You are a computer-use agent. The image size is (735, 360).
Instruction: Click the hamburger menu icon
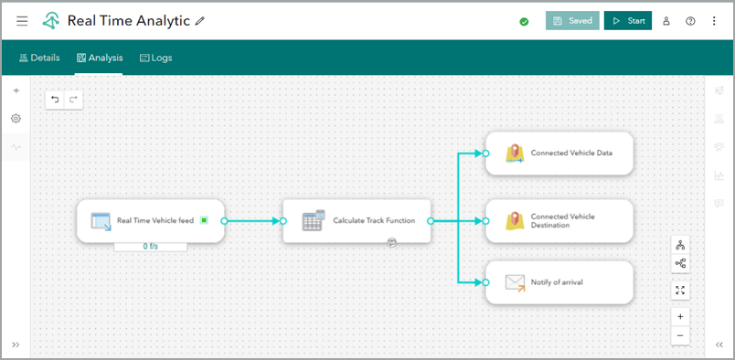tap(22, 20)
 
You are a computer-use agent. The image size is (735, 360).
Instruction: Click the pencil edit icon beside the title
tap(199, 20)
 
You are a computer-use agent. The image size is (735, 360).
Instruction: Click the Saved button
tap(572, 20)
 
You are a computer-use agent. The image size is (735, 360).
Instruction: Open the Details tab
tap(39, 58)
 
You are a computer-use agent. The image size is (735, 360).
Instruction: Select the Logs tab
tap(155, 58)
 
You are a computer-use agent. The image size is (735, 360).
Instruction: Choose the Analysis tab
tap(99, 58)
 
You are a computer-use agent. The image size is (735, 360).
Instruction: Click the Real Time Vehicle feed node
tap(150, 220)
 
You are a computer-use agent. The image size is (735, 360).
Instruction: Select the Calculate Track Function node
tap(356, 220)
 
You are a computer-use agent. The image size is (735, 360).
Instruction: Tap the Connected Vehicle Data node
tap(559, 153)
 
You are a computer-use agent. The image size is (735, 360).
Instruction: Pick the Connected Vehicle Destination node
tap(559, 220)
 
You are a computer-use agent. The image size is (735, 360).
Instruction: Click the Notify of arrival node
tap(559, 282)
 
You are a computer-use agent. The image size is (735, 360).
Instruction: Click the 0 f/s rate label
tap(150, 247)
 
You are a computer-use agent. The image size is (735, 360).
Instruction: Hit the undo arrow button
tap(56, 99)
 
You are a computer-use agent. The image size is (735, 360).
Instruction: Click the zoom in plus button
tap(680, 316)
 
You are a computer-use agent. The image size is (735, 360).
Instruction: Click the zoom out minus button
tap(680, 335)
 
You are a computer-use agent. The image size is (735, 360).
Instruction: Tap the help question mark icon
tap(690, 21)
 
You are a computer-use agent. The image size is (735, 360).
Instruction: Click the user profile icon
tap(666, 21)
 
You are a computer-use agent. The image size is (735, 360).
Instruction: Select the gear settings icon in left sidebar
tap(16, 119)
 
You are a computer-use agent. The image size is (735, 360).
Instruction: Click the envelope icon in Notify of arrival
tap(516, 282)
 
